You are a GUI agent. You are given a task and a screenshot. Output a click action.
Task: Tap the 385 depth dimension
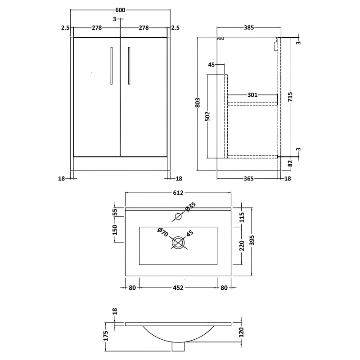coord(249,27)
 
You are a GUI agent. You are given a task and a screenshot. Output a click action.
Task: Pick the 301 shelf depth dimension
coord(252,95)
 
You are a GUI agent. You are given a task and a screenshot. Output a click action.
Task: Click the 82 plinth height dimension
coord(290,163)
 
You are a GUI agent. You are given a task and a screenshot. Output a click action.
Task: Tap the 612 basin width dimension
coord(178,193)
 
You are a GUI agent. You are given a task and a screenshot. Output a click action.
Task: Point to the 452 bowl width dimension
coord(178,288)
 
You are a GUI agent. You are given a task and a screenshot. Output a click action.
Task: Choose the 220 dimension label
coord(241,245)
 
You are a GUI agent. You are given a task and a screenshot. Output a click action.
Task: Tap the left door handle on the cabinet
coord(111,65)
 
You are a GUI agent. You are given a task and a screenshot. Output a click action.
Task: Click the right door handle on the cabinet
coord(129,65)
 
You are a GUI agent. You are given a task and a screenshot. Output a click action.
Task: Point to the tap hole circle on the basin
coord(178,217)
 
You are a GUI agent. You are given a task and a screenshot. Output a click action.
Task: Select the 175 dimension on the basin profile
coord(106,336)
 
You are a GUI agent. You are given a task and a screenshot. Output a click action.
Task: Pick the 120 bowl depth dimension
coord(241,332)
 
